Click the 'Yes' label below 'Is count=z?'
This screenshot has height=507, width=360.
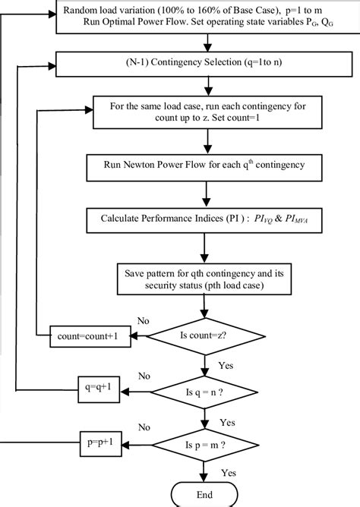[x=226, y=364]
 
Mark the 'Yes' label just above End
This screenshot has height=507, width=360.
[x=228, y=471]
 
